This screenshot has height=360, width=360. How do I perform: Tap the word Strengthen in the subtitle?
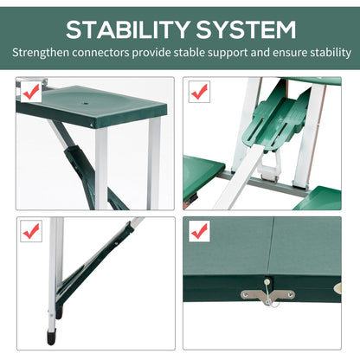pos(40,52)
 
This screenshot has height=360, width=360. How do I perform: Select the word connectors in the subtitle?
pos(103,52)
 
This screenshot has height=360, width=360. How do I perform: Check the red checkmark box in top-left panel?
pos(31,90)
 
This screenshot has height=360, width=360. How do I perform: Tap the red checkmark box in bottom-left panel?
pos(31,231)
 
